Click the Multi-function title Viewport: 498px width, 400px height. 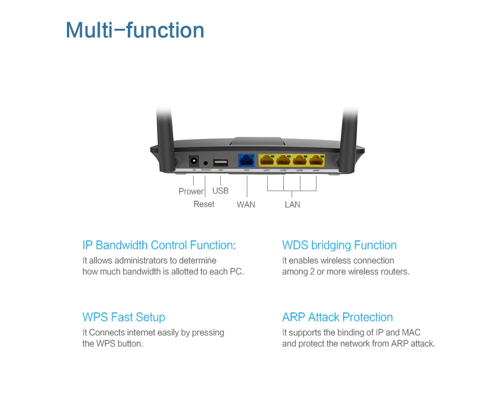point(134,30)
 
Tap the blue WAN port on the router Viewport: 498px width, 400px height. point(246,161)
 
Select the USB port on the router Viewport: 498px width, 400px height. point(220,162)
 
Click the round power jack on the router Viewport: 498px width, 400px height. point(194,162)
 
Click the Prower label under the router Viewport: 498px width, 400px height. point(191,191)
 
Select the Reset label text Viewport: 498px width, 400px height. point(204,204)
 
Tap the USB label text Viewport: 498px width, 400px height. point(220,191)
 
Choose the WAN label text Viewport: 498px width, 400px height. point(246,204)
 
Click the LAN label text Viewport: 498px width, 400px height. point(292,204)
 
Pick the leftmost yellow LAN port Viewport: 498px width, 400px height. point(267,161)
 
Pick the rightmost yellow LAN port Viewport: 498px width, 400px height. point(316,161)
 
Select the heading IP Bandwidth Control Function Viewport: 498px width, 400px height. point(159,245)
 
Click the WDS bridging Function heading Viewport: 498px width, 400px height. point(339,245)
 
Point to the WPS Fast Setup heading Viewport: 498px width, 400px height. point(123,317)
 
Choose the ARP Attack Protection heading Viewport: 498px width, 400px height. point(337,317)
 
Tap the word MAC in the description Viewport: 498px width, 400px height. point(411,332)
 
